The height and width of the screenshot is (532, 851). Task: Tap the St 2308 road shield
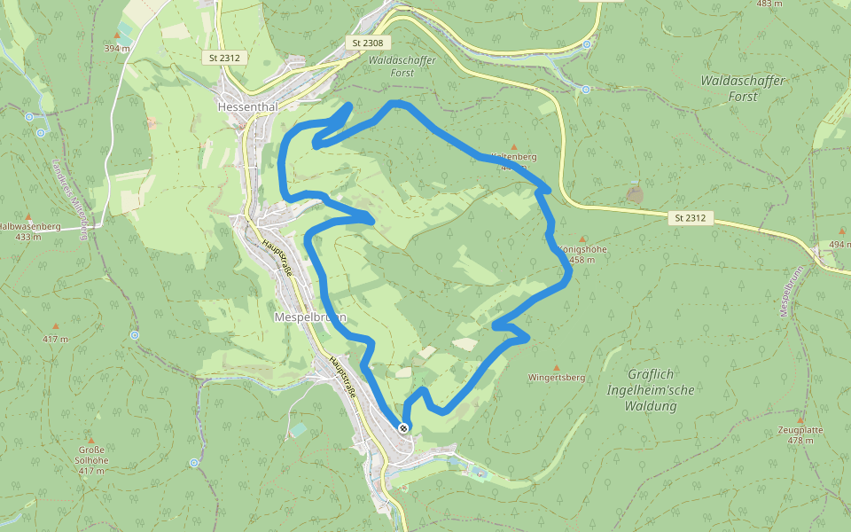368,43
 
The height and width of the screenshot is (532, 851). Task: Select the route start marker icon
403,428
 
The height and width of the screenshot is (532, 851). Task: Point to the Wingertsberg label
557,378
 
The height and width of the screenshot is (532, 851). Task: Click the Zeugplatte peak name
800,430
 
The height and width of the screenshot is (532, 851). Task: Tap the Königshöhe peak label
584,249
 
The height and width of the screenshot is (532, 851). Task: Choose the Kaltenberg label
515,156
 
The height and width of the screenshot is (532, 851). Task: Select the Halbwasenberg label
29,226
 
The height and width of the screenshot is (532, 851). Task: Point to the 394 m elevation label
116,48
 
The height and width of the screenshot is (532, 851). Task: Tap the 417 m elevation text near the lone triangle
55,340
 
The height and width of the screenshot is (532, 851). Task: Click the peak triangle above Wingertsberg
557,367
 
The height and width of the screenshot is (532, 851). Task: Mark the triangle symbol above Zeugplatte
800,420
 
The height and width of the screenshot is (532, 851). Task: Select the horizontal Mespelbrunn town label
310,317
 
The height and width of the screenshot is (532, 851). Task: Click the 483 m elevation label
769,4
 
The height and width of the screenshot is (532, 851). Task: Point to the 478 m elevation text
800,441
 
